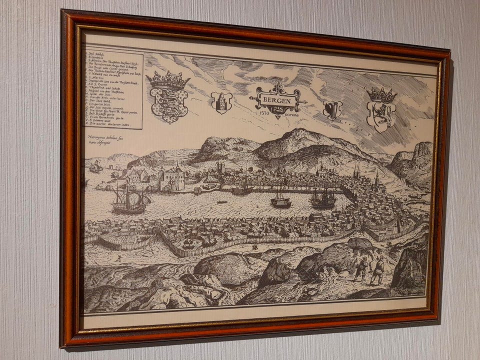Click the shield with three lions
169,103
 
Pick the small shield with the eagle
332,109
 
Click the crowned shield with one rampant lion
381,115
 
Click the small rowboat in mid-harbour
222,202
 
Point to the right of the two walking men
378,270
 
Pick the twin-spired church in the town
357,171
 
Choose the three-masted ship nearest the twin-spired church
323,198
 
